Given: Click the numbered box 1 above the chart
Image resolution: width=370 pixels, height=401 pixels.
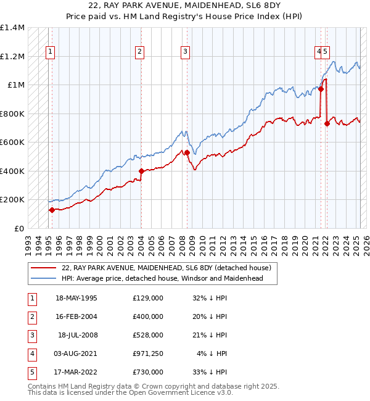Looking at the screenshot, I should point(49,52).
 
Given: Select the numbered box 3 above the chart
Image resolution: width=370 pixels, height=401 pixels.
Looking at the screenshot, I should point(185,52).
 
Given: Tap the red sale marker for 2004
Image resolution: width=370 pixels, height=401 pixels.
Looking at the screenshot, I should point(141,171).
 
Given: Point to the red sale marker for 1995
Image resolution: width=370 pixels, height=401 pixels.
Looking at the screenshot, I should point(52,210).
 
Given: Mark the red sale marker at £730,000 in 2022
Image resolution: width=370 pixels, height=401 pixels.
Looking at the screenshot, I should point(327,123).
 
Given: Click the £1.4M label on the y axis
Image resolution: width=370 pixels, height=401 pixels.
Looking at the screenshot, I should point(12,28).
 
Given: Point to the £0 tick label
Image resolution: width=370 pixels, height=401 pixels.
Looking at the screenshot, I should point(19,228).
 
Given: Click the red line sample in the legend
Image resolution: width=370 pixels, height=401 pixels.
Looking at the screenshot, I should point(44,268).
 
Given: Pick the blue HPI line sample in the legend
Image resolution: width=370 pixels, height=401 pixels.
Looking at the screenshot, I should point(44,278).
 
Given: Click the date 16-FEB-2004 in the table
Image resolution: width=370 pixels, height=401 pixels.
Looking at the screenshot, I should point(76,316).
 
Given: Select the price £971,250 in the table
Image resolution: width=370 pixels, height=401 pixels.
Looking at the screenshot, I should point(147,353).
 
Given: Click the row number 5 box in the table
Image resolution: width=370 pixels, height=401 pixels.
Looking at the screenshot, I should point(31,372).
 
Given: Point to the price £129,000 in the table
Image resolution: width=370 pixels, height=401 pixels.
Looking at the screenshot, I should point(148,298).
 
